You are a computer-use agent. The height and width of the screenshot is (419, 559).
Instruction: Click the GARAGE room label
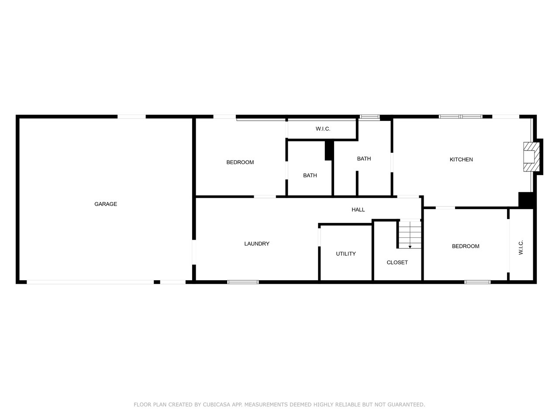(105, 204)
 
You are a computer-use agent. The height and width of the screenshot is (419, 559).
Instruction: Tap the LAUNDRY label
(257, 244)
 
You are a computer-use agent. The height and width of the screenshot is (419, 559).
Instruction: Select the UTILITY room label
(345, 254)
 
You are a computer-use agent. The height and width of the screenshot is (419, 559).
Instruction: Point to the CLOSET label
(397, 262)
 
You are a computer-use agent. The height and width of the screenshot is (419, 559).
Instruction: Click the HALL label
(358, 209)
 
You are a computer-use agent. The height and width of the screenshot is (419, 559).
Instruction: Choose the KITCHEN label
(461, 159)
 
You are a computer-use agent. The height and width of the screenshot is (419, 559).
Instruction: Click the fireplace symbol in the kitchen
(531, 157)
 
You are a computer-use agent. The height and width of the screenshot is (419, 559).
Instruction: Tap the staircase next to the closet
(410, 234)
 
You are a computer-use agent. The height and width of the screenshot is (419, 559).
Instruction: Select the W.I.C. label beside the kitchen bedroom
(521, 247)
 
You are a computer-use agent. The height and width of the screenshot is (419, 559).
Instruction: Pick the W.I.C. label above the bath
(323, 129)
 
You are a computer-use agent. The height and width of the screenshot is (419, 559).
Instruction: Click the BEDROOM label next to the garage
(240, 162)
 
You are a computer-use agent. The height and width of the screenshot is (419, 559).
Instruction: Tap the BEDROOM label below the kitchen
(466, 246)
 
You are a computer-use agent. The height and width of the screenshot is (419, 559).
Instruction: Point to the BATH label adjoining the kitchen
(364, 159)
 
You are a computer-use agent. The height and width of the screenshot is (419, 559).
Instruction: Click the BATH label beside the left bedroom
(310, 175)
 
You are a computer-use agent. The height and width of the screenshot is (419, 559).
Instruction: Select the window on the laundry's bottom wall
(243, 282)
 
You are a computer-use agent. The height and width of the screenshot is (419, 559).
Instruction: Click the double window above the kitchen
(460, 117)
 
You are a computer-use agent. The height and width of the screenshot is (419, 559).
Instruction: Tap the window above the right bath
(369, 117)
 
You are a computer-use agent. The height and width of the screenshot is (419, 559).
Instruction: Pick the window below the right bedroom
(477, 282)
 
